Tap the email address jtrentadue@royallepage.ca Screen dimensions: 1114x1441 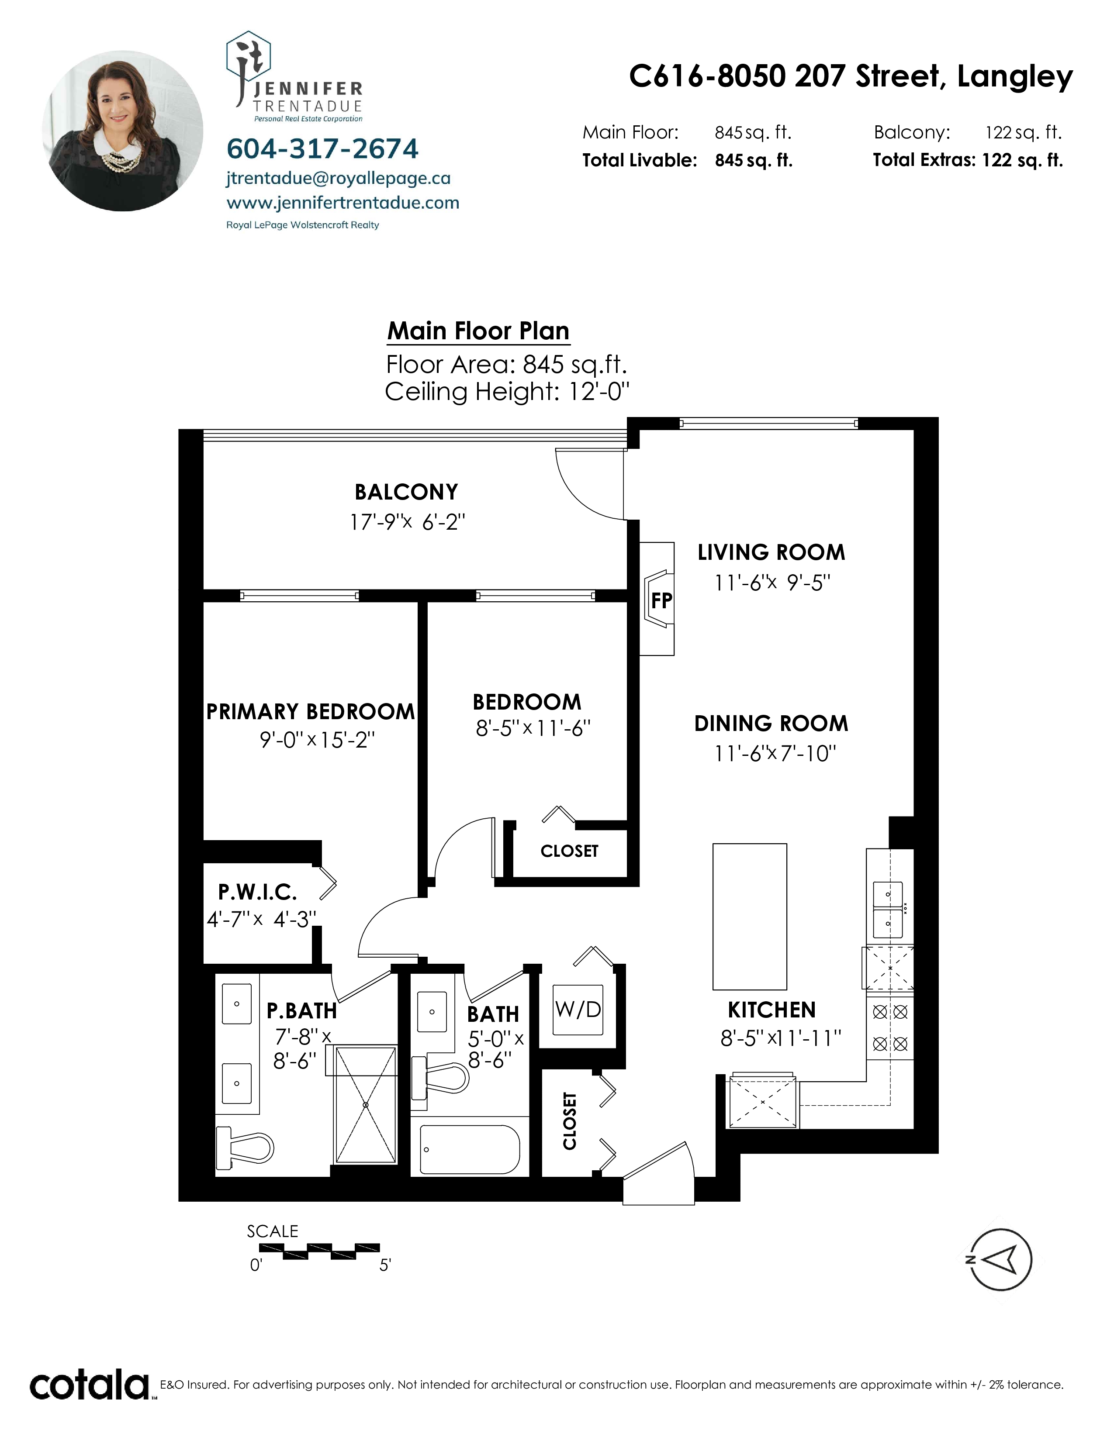pyautogui.click(x=339, y=178)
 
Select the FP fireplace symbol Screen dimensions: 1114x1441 pyautogui.click(x=659, y=599)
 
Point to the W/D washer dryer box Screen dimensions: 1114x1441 pyautogui.click(x=578, y=1010)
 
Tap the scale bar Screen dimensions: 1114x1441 pyautogui.click(x=319, y=1251)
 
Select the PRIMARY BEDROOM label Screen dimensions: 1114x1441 pyautogui.click(x=310, y=711)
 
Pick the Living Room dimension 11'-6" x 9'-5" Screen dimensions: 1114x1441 pyautogui.click(x=771, y=583)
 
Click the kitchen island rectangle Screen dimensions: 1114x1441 pyautogui.click(x=750, y=917)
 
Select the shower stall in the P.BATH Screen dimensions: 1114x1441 pyautogui.click(x=366, y=1104)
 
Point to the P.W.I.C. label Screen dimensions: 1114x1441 pyautogui.click(x=257, y=892)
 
